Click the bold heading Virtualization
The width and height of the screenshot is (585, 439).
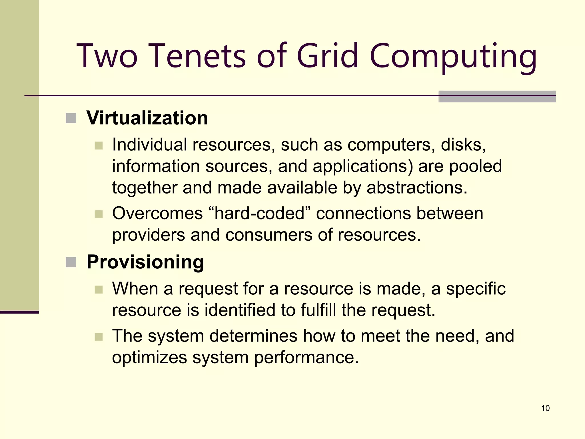147,118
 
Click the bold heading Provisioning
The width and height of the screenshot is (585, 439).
145,262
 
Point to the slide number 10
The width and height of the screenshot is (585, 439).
545,408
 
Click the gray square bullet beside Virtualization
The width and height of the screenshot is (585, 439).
71,118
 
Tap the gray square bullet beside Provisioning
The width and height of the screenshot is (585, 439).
71,262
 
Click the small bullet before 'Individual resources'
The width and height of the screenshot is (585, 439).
99,145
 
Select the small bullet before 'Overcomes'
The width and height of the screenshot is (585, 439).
99,214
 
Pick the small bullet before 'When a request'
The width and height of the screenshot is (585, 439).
99,290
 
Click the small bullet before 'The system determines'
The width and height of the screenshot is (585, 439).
99,337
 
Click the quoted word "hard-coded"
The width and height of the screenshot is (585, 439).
259,213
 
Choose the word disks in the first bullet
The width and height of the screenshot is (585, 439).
463,145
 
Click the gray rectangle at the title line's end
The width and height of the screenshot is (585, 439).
497,97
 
